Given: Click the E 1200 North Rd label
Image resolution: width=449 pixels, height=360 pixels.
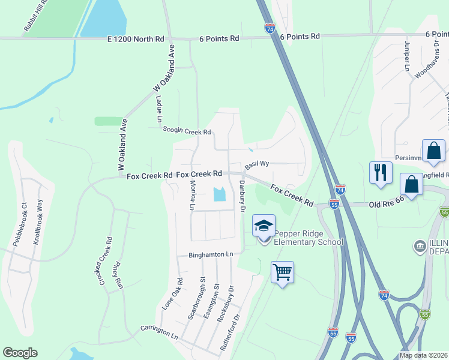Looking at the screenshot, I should click(136, 38).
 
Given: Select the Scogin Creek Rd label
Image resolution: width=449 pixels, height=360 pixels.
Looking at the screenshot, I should click(187, 131).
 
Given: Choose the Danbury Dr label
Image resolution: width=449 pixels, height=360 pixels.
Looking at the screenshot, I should click(243, 196).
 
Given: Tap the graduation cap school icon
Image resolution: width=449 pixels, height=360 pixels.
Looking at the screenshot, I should click(263, 226).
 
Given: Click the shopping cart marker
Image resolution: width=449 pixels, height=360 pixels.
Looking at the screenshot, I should click(282, 272).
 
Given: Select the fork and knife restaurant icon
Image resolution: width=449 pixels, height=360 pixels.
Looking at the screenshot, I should click(381, 173).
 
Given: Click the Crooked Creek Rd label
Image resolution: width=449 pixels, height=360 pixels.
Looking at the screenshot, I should click(106, 261).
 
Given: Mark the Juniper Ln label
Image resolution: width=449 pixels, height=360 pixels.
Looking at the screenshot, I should click(406, 57).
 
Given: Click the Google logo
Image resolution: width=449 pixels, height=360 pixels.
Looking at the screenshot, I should click(20, 352).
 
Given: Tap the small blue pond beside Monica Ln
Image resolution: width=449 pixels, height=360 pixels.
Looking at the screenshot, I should click(219, 194).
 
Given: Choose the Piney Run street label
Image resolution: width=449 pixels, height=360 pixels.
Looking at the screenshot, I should click(119, 275).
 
